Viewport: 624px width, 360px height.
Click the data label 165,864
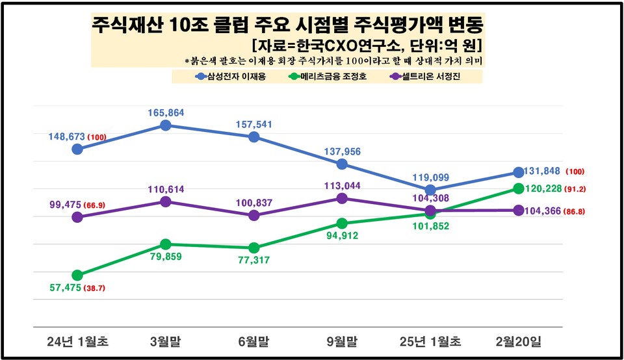(x=166, y=112)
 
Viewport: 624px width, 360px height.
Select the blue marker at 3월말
(x=166, y=125)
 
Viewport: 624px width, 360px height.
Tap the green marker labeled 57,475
(x=77, y=275)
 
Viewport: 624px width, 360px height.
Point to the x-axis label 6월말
(x=253, y=341)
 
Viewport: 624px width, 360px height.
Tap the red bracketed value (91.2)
(x=577, y=189)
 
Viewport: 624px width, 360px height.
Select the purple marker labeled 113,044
(x=342, y=198)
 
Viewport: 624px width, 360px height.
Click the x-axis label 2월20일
(x=517, y=341)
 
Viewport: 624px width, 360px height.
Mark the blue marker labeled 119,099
(x=430, y=190)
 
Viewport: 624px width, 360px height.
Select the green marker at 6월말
(x=253, y=248)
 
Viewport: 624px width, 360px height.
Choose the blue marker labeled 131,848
(x=518, y=172)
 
